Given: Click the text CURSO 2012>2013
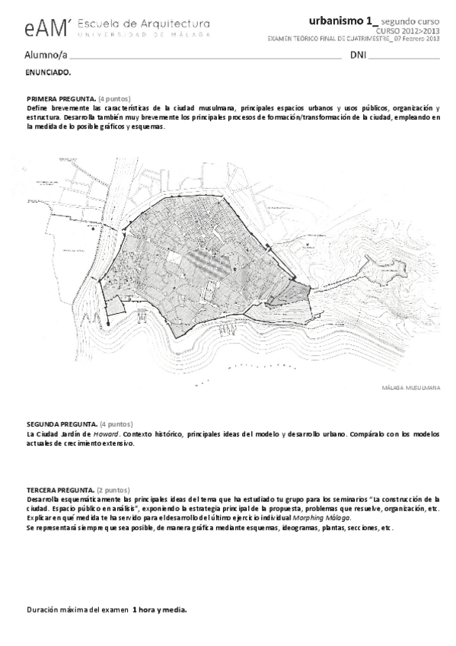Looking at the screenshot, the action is point(413,31).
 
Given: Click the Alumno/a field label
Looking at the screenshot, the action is point(45,56).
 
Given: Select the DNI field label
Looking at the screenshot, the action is point(358,56).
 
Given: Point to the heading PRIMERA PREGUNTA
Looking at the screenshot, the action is point(61,99).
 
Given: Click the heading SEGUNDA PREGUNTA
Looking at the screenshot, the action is point(62,424).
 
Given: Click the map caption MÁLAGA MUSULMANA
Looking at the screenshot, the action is point(411,388).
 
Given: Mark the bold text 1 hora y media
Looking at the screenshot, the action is point(159,610).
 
